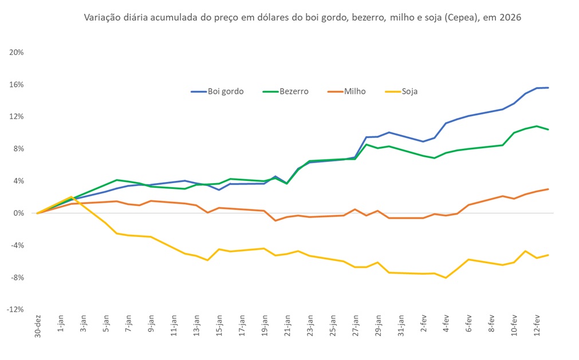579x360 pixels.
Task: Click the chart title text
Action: pos(303,18)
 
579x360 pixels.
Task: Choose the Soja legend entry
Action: pos(409,91)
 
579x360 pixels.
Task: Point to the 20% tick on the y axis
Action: pos(16,52)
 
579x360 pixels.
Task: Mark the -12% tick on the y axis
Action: pos(15,310)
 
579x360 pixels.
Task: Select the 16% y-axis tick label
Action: pos(16,84)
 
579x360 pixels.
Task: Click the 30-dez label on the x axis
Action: pos(38,326)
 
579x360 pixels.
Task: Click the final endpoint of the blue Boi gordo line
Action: pos(548,88)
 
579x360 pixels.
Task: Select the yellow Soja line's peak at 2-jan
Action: pos(71,197)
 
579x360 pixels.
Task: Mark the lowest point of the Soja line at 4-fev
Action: pos(446,278)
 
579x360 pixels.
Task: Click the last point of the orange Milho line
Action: pos(548,189)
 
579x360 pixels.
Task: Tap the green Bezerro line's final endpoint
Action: pos(548,129)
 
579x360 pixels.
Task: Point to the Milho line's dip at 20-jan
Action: pos(275,220)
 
